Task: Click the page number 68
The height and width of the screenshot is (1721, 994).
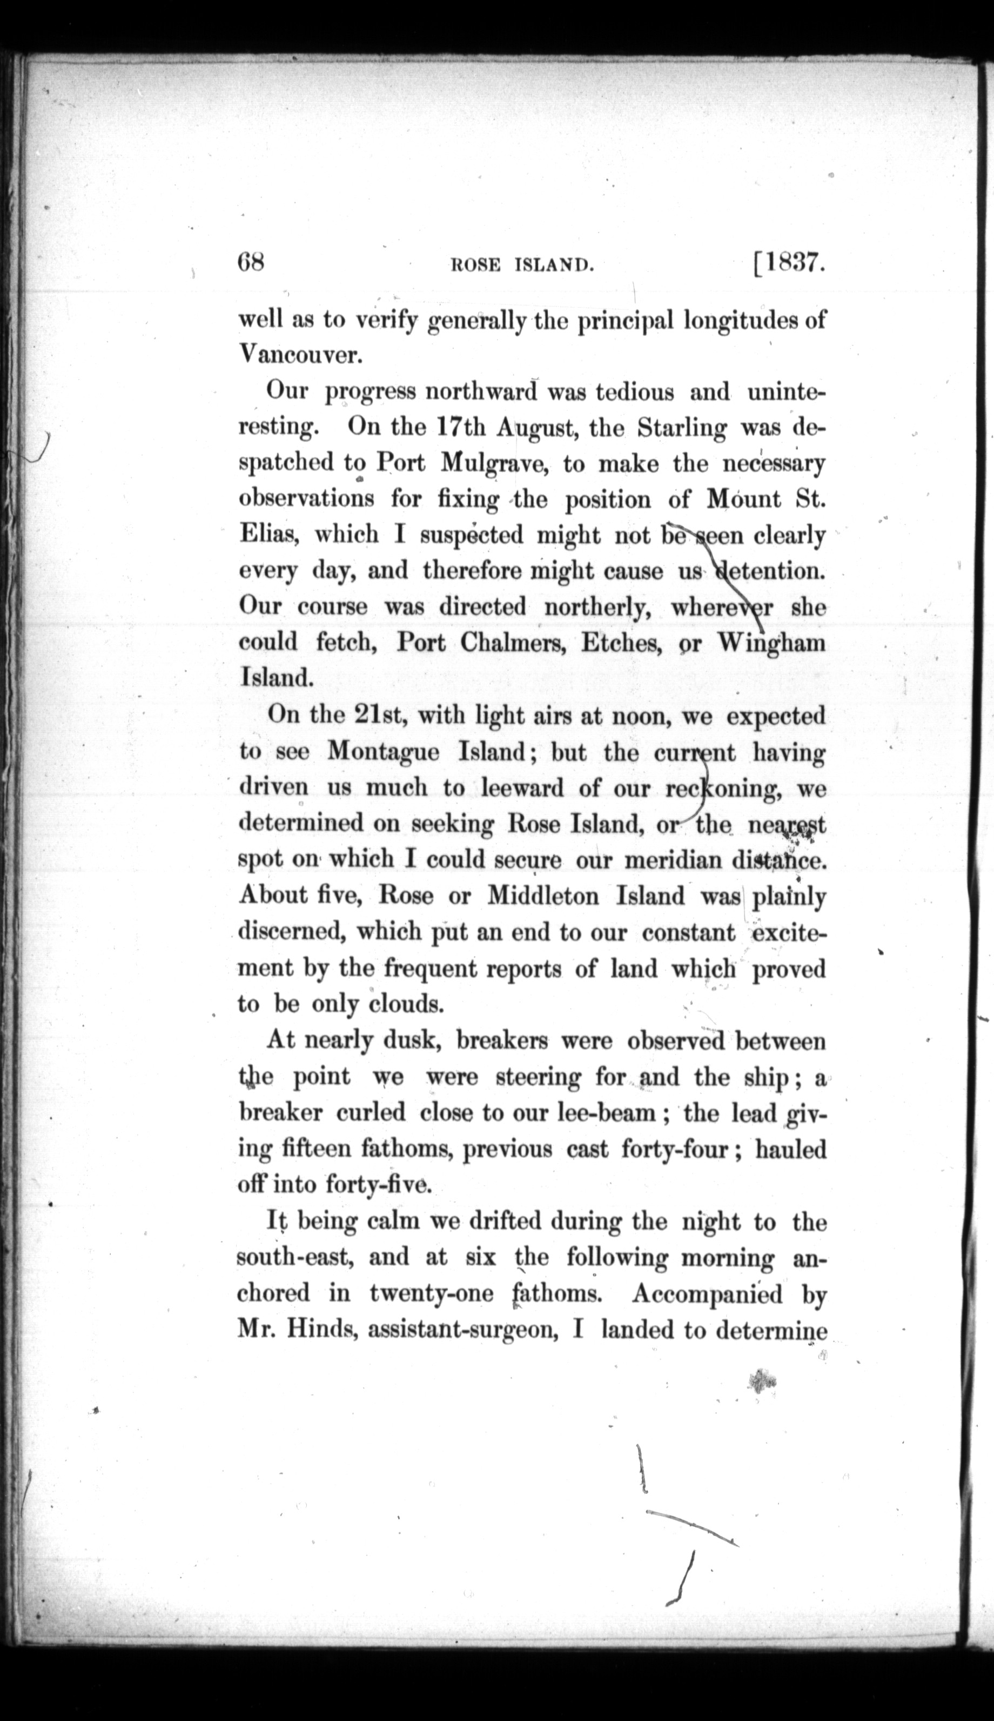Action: [250, 262]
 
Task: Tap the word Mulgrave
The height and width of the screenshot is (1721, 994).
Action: [492, 464]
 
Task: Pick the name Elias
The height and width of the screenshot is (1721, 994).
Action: [266, 534]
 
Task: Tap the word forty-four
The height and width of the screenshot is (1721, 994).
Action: [676, 1149]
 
